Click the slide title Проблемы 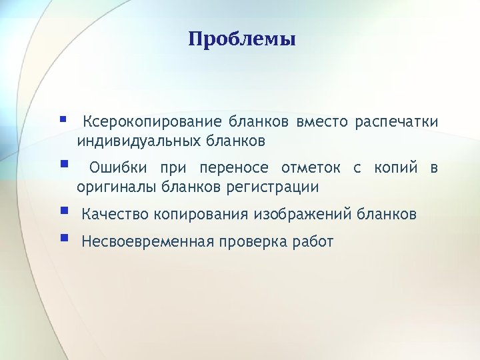[x=241, y=39]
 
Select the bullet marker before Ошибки [x=63, y=163]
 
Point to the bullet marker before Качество [x=63, y=211]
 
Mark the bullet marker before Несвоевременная [x=63, y=237]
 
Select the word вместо [x=322, y=122]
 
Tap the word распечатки [x=396, y=122]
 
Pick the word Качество [x=115, y=215]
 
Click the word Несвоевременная [x=147, y=241]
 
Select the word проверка [x=255, y=241]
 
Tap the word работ [x=313, y=241]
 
